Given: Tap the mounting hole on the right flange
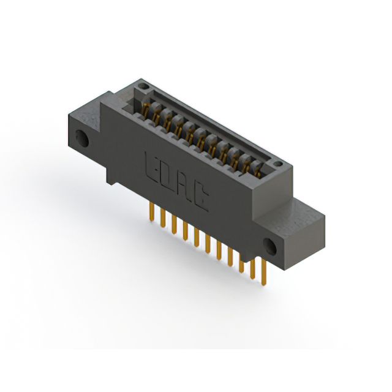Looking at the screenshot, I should point(270,246).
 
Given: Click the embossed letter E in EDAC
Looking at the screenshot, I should point(151,166).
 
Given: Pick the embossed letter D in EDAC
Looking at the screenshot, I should point(168,176).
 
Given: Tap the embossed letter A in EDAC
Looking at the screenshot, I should point(184,186).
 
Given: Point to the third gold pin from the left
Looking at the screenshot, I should point(174,224).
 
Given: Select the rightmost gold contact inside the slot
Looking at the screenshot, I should point(260,171).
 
